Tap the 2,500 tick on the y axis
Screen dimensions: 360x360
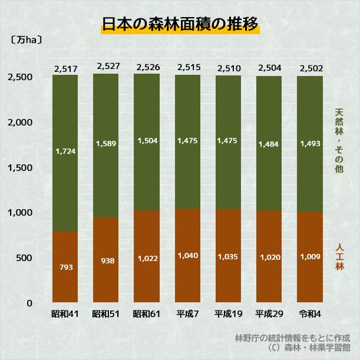tap(21, 77)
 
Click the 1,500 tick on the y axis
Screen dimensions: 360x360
tap(21, 168)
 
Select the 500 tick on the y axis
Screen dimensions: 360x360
tap(26, 258)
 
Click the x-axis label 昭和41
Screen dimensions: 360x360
tap(65, 313)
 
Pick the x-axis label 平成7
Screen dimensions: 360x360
tap(187, 313)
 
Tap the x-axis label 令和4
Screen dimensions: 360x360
tap(310, 313)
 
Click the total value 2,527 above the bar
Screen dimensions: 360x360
tap(106, 66)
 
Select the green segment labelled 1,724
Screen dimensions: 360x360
tap(65, 151)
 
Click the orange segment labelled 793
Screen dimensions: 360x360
tap(65, 267)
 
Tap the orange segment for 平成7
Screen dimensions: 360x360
tap(187, 256)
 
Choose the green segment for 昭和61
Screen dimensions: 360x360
tap(147, 141)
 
